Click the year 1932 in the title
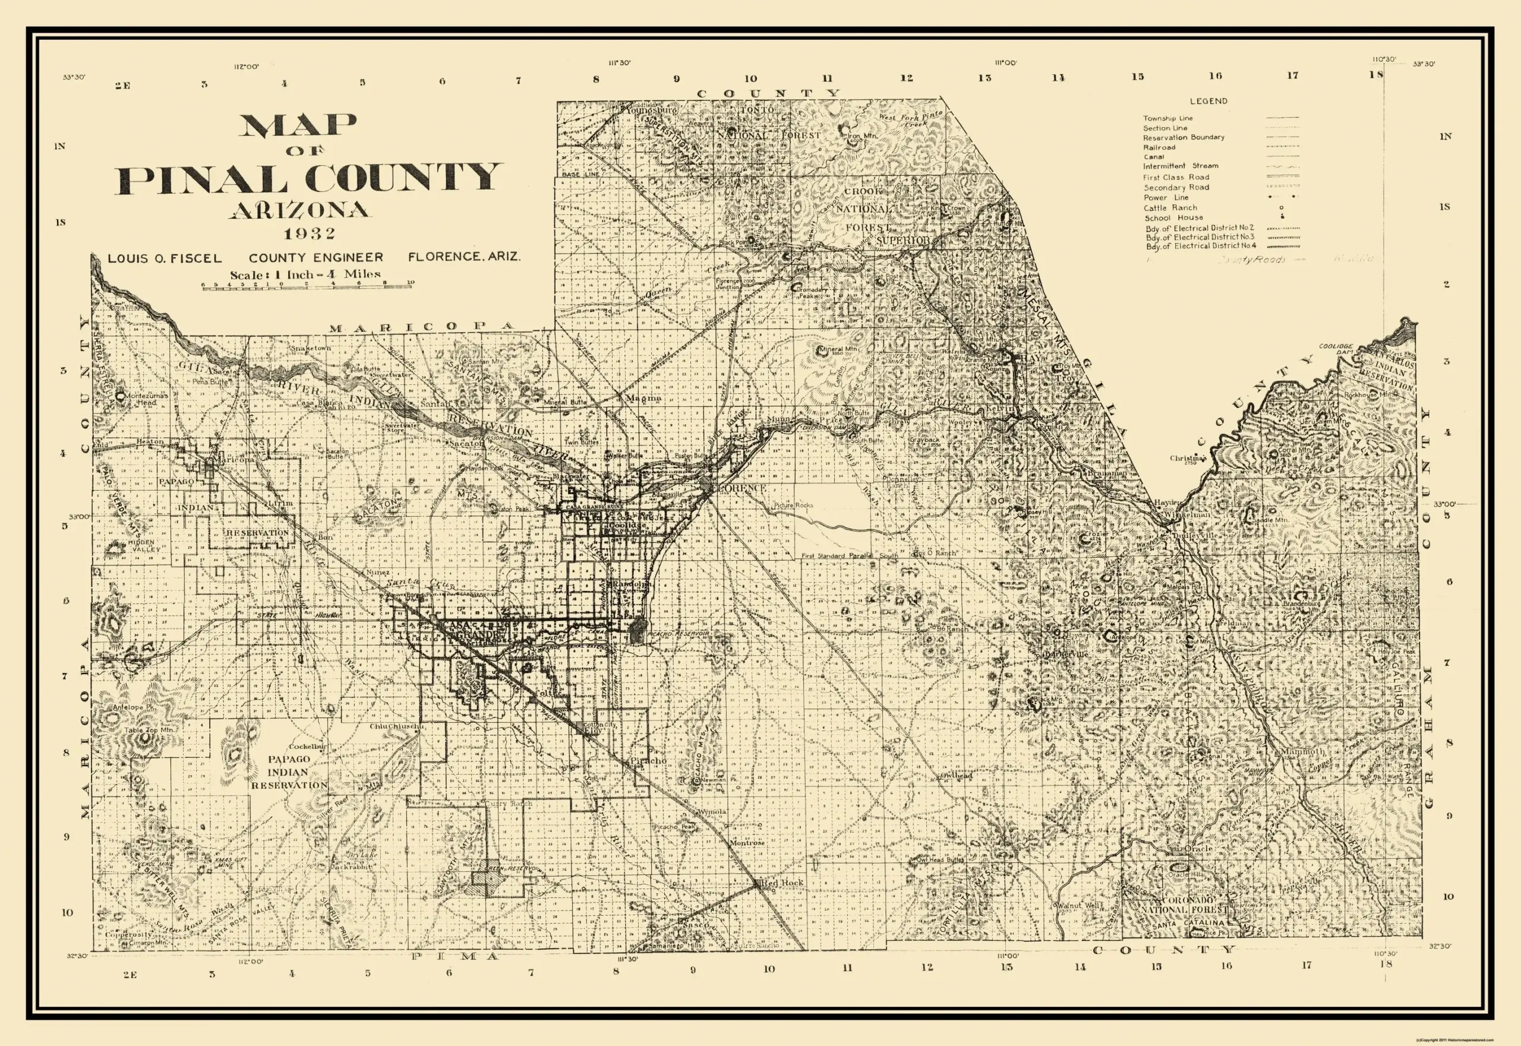click(310, 234)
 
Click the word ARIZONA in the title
click(299, 210)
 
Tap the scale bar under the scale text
click(307, 286)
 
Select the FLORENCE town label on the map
click(742, 488)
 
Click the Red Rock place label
click(781, 883)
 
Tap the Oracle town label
click(1197, 849)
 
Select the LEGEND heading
click(1208, 101)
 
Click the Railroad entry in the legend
click(1159, 147)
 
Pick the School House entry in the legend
click(1173, 217)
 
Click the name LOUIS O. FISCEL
click(165, 258)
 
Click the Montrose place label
click(747, 843)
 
